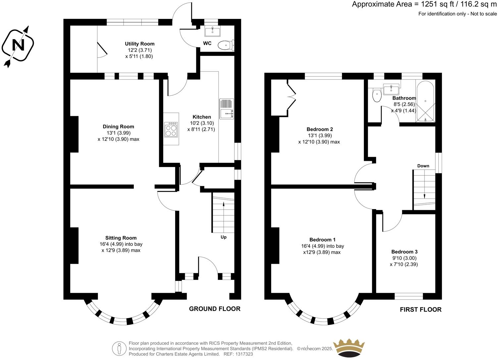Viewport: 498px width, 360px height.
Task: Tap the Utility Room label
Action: click(x=139, y=44)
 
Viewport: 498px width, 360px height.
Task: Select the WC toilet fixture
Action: click(x=226, y=45)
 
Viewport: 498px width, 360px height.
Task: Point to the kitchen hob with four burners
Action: click(x=171, y=129)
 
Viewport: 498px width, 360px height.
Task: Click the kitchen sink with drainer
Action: click(x=226, y=108)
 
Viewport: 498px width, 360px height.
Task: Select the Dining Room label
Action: click(x=118, y=126)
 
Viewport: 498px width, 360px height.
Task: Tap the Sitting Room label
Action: click(x=121, y=238)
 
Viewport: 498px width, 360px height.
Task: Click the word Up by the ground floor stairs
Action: click(x=224, y=237)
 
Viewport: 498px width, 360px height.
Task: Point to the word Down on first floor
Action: click(x=423, y=166)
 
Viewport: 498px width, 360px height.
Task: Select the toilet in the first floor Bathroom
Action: click(x=376, y=95)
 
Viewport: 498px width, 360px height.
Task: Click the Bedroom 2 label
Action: click(x=320, y=129)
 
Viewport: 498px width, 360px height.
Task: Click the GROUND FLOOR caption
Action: click(x=215, y=309)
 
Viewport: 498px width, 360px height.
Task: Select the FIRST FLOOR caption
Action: click(x=421, y=310)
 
